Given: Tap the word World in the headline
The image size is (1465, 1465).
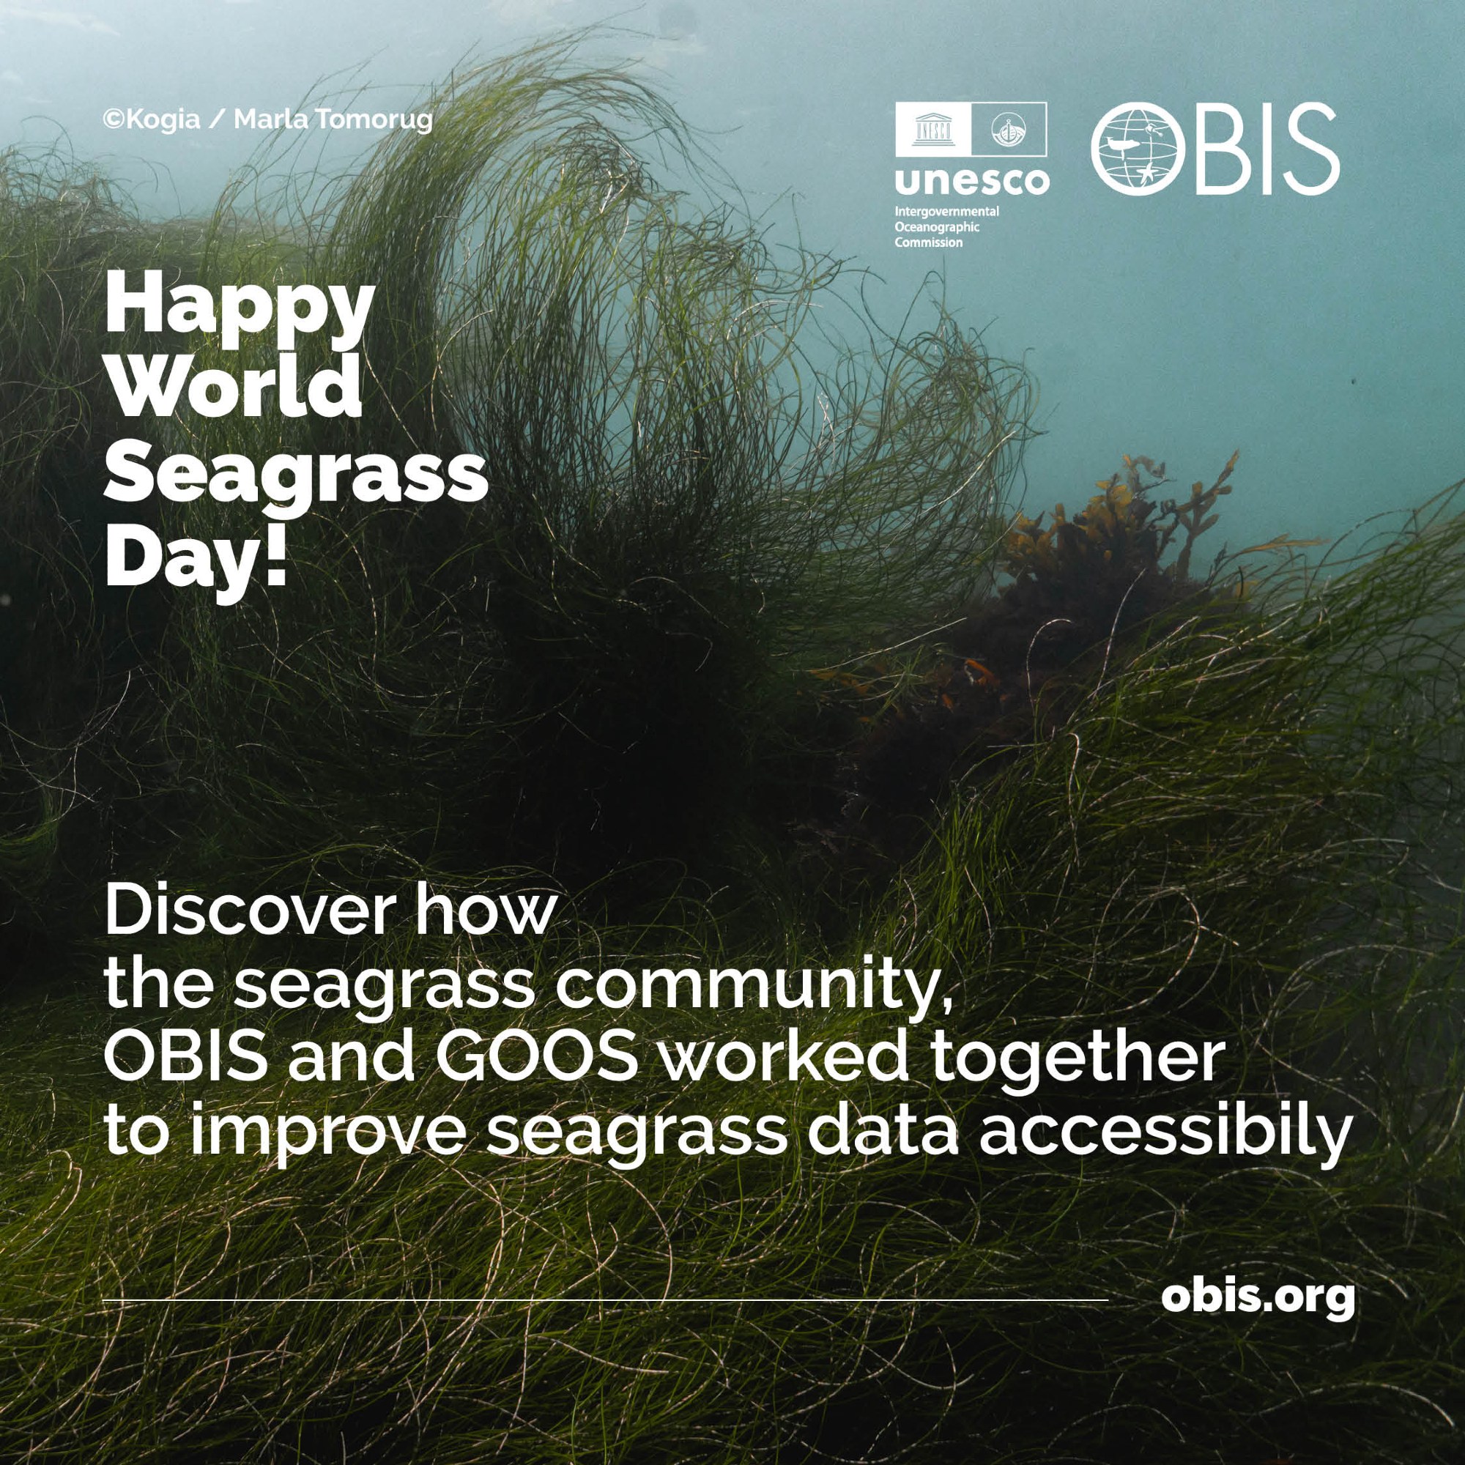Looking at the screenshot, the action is tap(234, 382).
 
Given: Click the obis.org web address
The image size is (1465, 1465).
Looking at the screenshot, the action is tap(1258, 1298).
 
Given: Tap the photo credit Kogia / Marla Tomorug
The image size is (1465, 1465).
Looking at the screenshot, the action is tap(267, 120).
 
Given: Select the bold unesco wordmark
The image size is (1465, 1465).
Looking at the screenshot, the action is tap(973, 180).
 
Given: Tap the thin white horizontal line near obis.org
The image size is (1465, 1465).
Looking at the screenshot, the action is tap(605, 1301).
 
